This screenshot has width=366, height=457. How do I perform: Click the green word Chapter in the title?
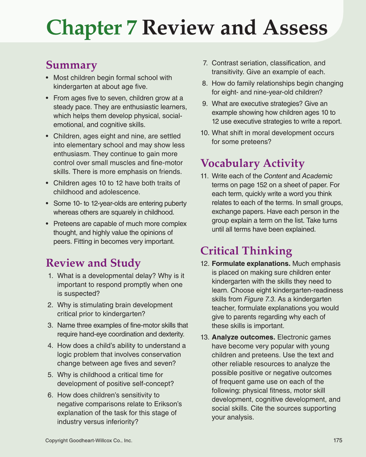click(84, 28)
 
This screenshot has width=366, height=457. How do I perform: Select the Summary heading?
click(71, 65)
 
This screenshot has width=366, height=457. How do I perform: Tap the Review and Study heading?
click(93, 263)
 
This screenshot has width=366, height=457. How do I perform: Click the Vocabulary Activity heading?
click(252, 163)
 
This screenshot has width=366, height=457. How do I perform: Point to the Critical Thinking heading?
click(246, 251)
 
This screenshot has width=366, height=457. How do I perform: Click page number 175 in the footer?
click(338, 440)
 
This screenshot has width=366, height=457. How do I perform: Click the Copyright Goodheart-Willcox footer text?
click(89, 440)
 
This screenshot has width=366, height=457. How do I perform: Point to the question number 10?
click(205, 133)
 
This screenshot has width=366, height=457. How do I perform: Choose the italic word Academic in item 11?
click(317, 176)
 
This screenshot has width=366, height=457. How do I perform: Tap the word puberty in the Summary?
click(175, 203)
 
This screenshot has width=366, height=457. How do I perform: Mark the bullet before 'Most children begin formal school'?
click(47, 78)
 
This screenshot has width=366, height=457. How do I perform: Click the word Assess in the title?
click(295, 28)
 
